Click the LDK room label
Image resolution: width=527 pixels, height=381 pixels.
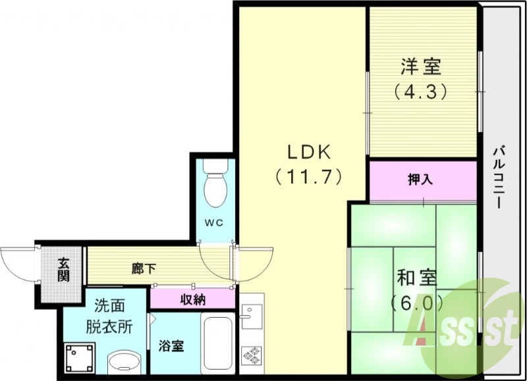tap(307, 151)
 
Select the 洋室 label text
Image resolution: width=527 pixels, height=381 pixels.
tap(420, 67)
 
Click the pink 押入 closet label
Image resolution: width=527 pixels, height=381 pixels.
tap(420, 179)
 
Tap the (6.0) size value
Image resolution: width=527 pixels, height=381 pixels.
tap(417, 303)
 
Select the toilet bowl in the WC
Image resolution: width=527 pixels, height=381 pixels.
tap(214, 187)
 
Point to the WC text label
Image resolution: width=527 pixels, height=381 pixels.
tap(214, 223)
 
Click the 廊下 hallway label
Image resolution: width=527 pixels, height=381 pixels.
tap(144, 268)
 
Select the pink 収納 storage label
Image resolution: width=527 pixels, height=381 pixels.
tap(192, 300)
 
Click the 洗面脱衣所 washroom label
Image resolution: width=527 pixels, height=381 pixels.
tap(104, 315)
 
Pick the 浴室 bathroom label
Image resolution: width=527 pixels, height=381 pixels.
tap(171, 346)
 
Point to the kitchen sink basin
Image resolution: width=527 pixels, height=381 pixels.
tap(252, 317)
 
